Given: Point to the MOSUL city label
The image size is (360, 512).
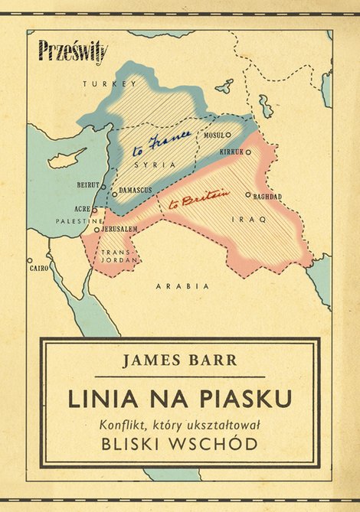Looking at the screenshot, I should (213, 135).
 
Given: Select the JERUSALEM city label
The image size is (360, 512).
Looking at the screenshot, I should (119, 229).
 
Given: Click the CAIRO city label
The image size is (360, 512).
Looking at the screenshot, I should (38, 269).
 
